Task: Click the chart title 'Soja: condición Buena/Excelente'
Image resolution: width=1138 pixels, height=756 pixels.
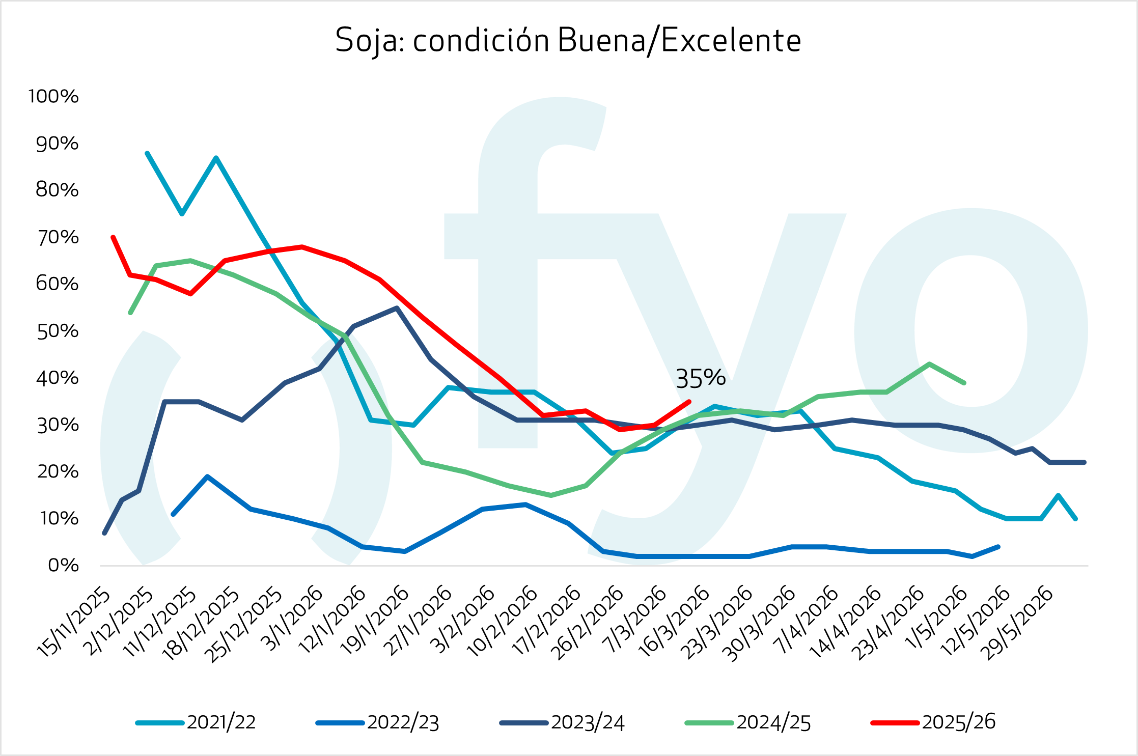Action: point(568,41)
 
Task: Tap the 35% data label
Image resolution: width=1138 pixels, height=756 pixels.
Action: point(700,378)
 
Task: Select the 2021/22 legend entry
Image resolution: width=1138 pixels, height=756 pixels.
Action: point(221,722)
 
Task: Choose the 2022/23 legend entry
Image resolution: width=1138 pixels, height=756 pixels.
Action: point(403,722)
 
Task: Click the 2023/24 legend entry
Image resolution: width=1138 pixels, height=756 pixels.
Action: point(587,722)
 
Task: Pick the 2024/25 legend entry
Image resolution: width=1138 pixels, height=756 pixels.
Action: point(773,722)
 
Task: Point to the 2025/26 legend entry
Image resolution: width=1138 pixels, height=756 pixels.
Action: point(958,722)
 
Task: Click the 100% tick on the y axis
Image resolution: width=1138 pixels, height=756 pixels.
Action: point(53,96)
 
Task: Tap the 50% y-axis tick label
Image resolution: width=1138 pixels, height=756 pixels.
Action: point(58,331)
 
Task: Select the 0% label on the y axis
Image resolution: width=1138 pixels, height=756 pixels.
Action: point(63,566)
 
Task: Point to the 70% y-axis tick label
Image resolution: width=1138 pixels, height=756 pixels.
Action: point(58,237)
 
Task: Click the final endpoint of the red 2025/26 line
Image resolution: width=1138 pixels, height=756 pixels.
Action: point(689,402)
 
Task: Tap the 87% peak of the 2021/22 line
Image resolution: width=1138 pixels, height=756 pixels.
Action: point(216,158)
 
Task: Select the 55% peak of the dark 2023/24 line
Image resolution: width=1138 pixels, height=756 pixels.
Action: point(397,307)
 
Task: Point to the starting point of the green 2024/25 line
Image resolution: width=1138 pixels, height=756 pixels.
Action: point(130,313)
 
